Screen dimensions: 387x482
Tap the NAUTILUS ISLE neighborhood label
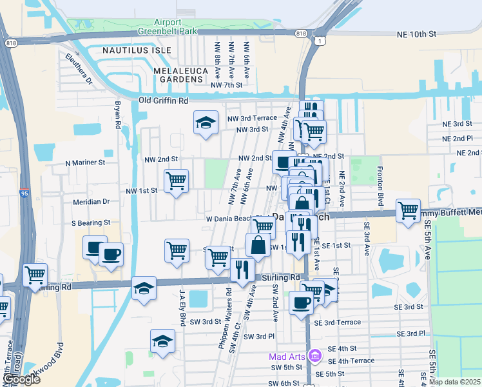[133, 49]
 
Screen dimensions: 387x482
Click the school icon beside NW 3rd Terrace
[205, 123]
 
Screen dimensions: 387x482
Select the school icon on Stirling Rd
[144, 288]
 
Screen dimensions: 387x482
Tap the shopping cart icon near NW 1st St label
[175, 181]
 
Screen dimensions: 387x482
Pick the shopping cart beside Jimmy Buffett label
[409, 210]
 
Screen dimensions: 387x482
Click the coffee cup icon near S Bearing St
[111, 254]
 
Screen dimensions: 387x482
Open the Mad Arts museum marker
[314, 355]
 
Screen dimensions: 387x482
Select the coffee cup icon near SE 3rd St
[301, 303]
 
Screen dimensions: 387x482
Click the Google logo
[22, 380]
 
